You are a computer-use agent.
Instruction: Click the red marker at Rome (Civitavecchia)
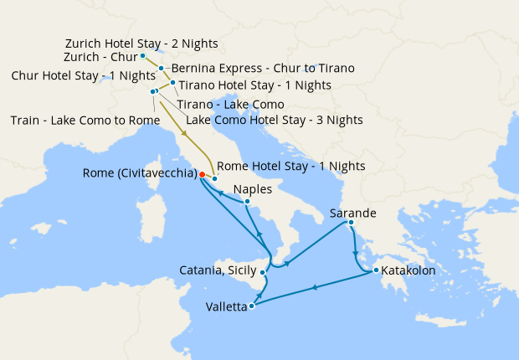[202, 174]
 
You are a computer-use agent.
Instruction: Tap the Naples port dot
[248, 201]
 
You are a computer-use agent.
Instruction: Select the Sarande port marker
[351, 223]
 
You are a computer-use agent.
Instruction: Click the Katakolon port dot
[377, 270]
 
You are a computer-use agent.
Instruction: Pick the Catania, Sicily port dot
[263, 272]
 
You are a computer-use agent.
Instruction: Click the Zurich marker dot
[143, 56]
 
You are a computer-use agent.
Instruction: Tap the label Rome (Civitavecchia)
[140, 174]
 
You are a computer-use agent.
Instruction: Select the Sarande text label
[353, 213]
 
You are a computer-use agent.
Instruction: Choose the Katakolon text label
[409, 270]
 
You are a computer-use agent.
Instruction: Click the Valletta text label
[226, 307]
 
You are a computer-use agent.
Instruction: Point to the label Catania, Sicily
[217, 270]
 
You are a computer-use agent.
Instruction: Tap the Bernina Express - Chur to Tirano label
[262, 68]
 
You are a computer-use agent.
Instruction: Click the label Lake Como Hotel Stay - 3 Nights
[274, 120]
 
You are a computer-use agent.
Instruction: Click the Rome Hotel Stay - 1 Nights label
[290, 166]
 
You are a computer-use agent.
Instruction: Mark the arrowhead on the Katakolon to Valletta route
[314, 288]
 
